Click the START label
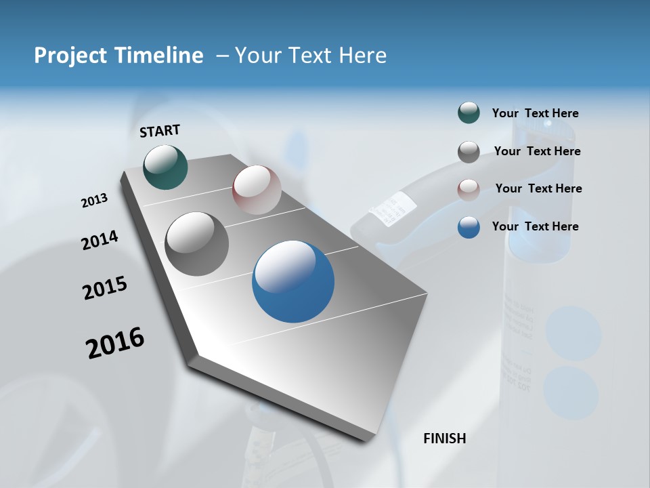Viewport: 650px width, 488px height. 160,131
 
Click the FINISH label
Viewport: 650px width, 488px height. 444,439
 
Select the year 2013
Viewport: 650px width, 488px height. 95,201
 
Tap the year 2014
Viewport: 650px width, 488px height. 100,241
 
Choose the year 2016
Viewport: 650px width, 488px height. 115,342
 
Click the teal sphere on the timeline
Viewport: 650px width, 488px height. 165,167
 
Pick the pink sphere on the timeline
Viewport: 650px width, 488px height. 257,189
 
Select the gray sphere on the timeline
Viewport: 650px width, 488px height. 197,243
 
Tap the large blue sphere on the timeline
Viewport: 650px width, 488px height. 293,281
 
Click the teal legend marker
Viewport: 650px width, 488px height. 469,113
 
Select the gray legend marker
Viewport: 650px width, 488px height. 469,152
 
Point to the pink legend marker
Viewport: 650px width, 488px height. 469,189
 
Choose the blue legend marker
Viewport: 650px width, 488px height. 469,227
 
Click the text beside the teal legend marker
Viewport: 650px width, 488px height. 535,113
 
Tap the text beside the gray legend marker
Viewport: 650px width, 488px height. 537,151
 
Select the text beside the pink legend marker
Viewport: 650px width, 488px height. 538,188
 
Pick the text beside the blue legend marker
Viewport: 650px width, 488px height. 535,226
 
